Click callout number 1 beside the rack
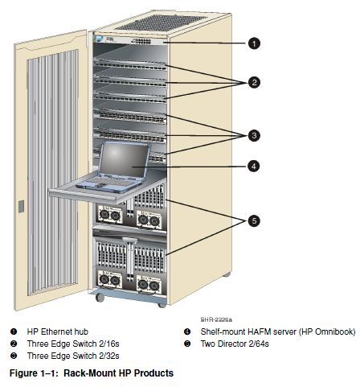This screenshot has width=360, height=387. coord(254,43)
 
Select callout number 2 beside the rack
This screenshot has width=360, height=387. coord(254,82)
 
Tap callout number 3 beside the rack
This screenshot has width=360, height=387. coord(254,135)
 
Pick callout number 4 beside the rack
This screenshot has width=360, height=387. coord(253,166)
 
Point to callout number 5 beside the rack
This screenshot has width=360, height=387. coord(254,221)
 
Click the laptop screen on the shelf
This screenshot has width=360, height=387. coord(124,160)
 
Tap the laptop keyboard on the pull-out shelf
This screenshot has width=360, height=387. coord(107,181)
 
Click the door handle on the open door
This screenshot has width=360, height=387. coord(21,206)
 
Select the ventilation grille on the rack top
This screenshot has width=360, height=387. coord(160,22)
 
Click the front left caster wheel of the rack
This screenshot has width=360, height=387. coord(100,297)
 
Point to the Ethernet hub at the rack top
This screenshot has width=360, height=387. coord(129,40)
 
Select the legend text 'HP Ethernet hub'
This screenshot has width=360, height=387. coord(58,331)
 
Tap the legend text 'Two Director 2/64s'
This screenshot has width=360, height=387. coord(235,344)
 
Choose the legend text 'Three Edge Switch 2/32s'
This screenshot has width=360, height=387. coord(73,356)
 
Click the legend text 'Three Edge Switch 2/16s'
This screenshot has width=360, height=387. coord(73,344)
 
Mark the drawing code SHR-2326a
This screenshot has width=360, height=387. coord(216,319)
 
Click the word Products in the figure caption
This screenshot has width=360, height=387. coord(153,373)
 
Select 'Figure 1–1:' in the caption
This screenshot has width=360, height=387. coord(34,373)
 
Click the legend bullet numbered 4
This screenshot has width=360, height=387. coord(187,331)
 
